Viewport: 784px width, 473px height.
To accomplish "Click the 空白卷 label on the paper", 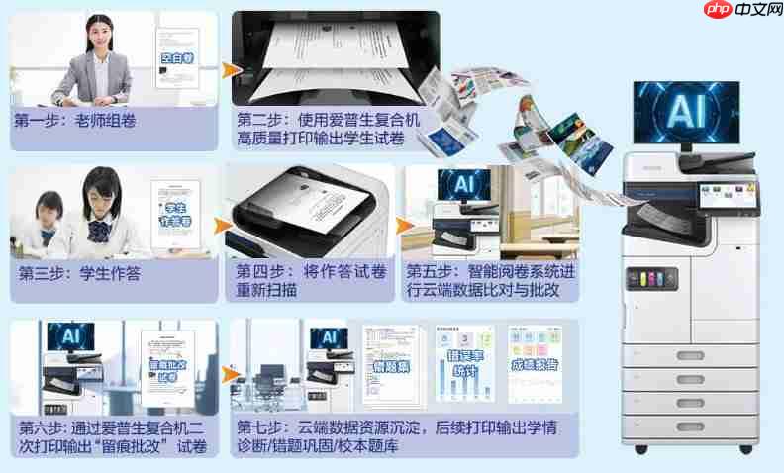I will pos(177,57).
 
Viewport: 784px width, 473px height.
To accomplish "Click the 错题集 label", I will pos(390,367).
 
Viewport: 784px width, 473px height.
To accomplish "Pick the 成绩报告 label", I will pos(534,364).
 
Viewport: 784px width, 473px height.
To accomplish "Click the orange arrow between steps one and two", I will pos(229,70).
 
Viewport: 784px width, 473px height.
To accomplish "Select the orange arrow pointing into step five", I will pos(403,227).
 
